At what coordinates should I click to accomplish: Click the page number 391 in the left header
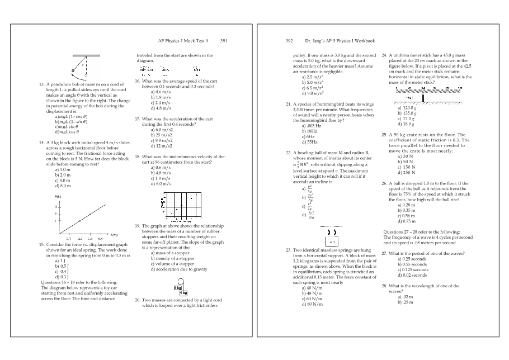click(x=223, y=41)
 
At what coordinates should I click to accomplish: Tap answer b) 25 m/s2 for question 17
click(x=160, y=135)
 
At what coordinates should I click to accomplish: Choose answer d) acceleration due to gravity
click(x=176, y=269)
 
